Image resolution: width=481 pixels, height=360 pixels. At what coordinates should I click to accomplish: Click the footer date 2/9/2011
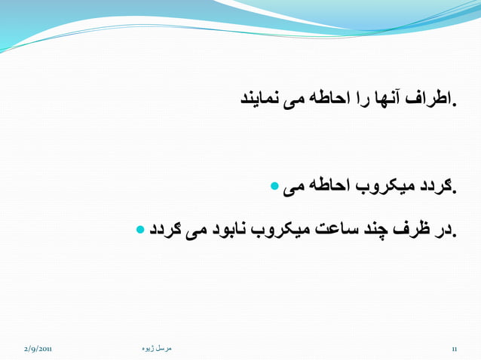(38, 349)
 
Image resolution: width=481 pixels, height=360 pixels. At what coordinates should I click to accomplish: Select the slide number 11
(455, 349)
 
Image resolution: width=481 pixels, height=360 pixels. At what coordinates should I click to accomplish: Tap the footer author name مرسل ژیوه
(157, 348)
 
